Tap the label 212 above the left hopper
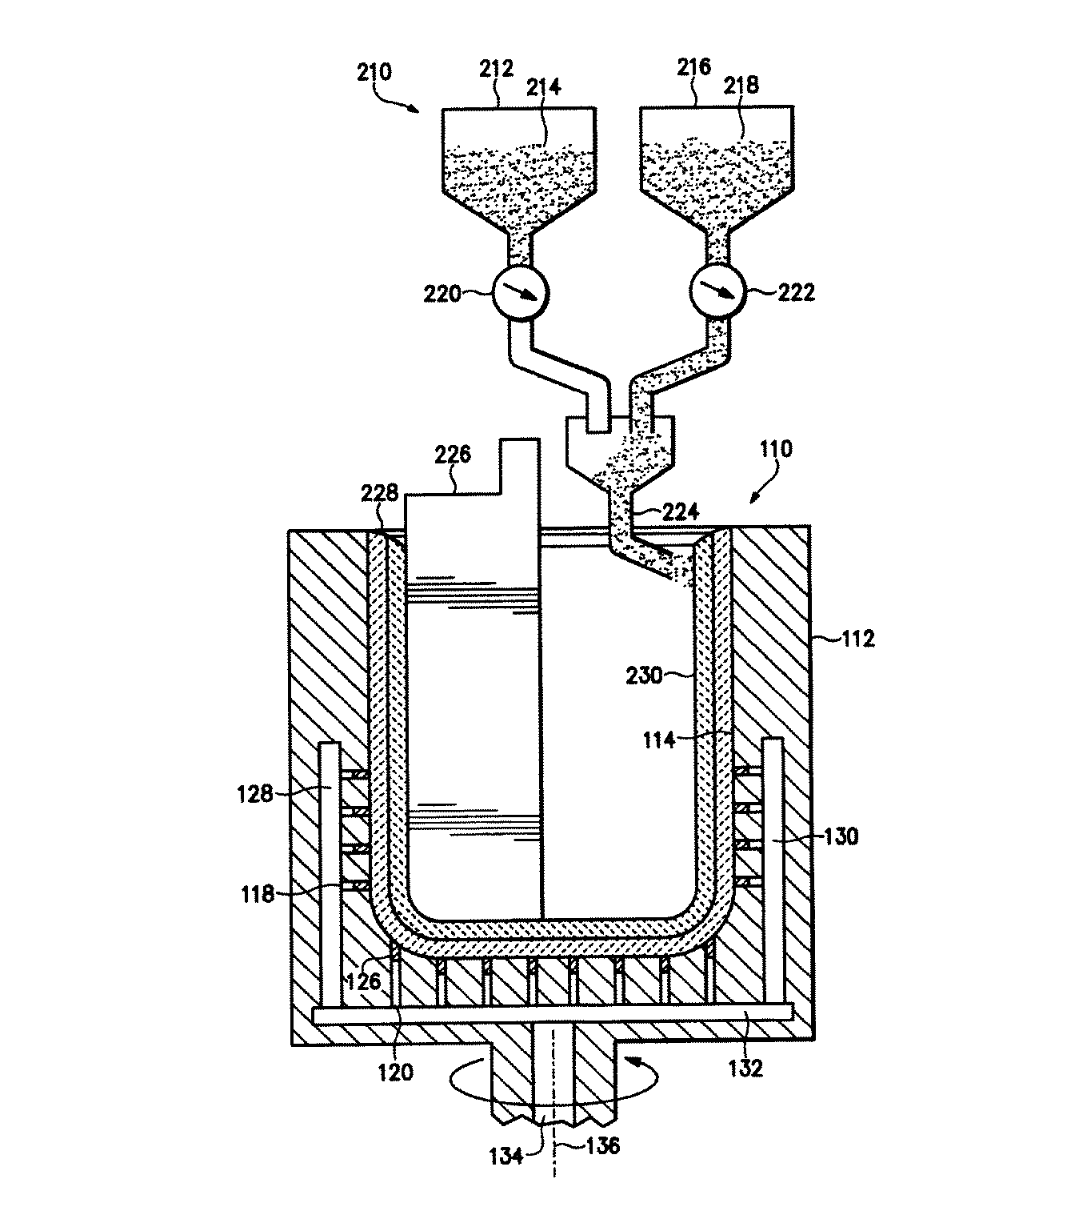tap(496, 70)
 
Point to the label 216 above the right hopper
tap(693, 66)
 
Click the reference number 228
tap(379, 492)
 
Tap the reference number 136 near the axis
tap(602, 1146)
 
